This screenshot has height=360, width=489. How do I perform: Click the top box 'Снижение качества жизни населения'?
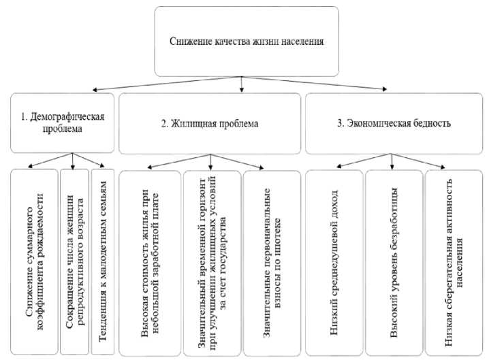[x=246, y=41]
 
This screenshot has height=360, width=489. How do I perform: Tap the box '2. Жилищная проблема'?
[x=210, y=123]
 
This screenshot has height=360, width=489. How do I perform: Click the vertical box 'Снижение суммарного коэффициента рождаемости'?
[x=33, y=261]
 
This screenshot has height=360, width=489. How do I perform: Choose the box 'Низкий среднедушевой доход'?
[x=334, y=263]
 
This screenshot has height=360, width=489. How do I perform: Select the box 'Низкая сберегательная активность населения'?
[x=453, y=263]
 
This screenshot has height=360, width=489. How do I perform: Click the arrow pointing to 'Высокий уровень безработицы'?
[x=391, y=161]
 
